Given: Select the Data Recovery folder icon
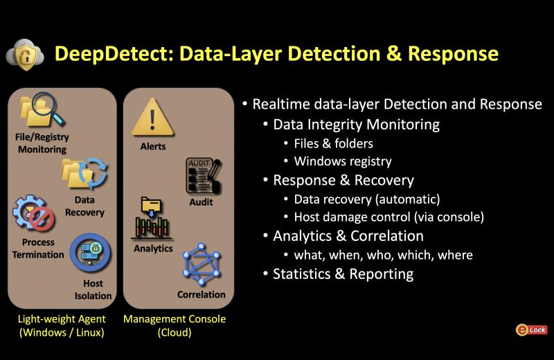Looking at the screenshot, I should [x=84, y=174].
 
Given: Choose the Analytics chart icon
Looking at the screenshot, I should [x=152, y=219].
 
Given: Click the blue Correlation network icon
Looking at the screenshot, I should [x=202, y=264].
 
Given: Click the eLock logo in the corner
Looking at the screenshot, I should [x=531, y=330].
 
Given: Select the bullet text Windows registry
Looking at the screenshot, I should [x=343, y=161].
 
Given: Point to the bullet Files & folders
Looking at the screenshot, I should [x=333, y=143].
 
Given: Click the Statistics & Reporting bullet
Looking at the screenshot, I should [x=343, y=273].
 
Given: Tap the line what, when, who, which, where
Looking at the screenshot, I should [x=383, y=255].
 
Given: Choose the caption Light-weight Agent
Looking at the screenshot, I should [x=62, y=319].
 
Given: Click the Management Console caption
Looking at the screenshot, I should [x=175, y=319].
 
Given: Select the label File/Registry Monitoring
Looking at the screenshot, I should [x=42, y=143].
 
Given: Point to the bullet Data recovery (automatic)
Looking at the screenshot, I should [x=366, y=199].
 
